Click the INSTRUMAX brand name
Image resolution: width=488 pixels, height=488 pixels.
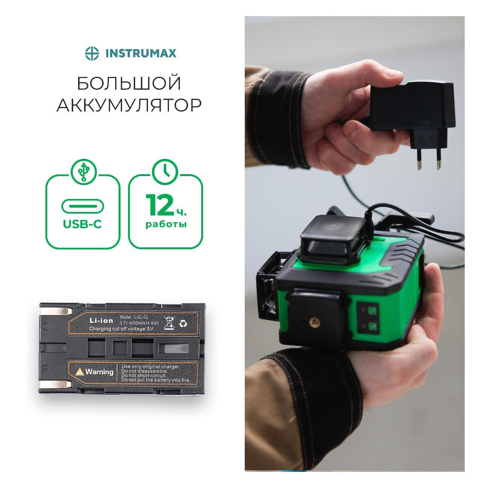(x=140, y=53)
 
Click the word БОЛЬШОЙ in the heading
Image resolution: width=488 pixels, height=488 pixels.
(x=129, y=83)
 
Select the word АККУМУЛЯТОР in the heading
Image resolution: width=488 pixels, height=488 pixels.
(x=129, y=105)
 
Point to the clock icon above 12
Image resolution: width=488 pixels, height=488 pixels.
(x=165, y=172)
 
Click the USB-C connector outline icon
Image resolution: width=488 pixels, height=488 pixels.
(x=83, y=206)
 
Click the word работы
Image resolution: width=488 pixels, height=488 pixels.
(x=166, y=224)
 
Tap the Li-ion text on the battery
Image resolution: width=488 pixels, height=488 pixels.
(x=101, y=321)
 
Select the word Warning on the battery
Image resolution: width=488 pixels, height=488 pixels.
(x=99, y=372)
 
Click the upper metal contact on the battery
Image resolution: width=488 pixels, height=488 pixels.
(x=57, y=311)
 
